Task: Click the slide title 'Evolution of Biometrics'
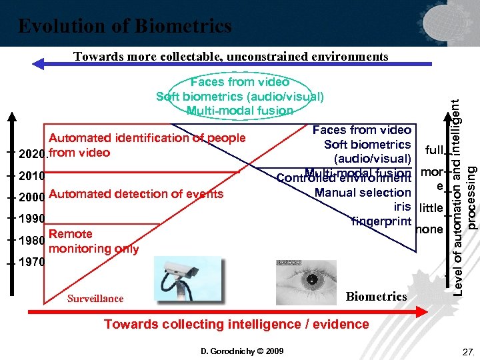(125, 26)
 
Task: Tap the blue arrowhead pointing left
(39, 65)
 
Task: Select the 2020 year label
(32, 154)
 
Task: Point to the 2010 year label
(32, 177)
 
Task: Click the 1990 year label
(32, 219)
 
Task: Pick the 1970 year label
(32, 262)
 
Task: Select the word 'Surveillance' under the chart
(95, 299)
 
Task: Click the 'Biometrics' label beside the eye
(377, 296)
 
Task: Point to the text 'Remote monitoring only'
(93, 241)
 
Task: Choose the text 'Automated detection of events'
(136, 194)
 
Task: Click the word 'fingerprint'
(381, 221)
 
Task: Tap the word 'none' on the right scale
(429, 229)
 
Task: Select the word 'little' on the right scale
(431, 208)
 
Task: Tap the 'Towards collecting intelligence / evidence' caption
(236, 324)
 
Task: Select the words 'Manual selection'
(363, 193)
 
